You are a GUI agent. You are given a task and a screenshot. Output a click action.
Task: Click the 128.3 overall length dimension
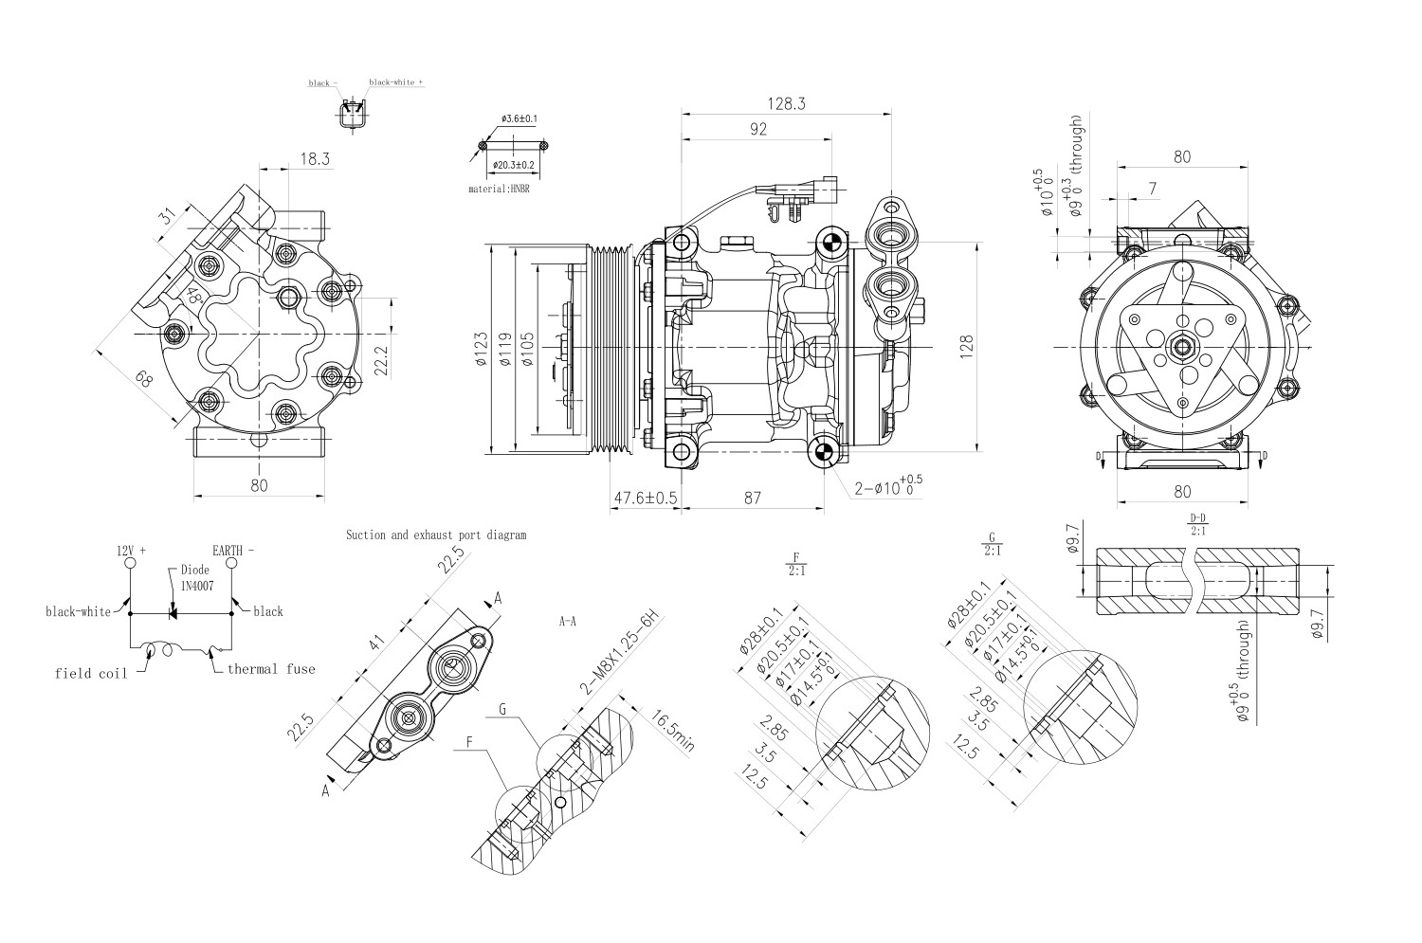pos(787,104)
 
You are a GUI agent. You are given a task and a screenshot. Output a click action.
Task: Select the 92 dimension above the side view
pos(757,130)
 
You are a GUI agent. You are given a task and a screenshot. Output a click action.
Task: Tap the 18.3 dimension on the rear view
pos(315,159)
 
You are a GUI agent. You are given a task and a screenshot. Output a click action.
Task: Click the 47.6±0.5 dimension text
pos(646,498)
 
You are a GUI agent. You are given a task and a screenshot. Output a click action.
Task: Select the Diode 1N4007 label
pos(195,578)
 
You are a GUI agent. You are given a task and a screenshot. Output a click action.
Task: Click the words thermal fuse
pos(271,669)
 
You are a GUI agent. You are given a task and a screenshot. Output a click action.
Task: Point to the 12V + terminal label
pos(131,551)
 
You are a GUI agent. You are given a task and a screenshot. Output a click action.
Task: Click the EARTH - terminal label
pos(233,551)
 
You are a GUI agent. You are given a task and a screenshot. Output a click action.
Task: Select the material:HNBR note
pos(500,189)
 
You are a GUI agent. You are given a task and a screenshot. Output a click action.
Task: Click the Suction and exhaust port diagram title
pos(435,535)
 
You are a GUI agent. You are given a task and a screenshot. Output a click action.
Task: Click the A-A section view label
pos(569,623)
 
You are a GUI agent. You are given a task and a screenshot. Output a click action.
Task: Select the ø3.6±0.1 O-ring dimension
pos(519,119)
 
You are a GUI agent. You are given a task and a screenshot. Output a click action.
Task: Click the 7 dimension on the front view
pos(1152,189)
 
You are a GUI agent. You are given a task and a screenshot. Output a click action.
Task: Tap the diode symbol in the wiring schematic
pos(173,613)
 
